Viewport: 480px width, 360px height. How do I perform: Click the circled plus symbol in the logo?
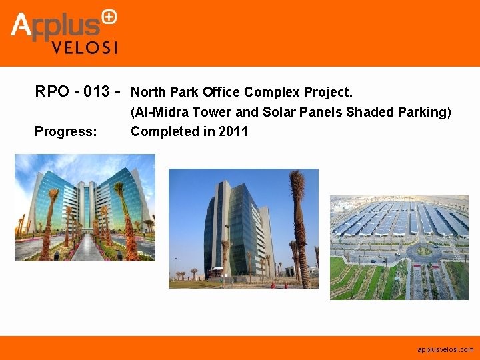pyautogui.click(x=110, y=17)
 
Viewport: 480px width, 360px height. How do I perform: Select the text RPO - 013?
pyautogui.click(x=73, y=91)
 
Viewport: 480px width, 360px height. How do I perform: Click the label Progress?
pyautogui.click(x=65, y=131)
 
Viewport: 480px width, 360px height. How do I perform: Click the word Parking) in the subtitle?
pyautogui.click(x=426, y=112)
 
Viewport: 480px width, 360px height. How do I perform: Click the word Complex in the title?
pyautogui.click(x=269, y=91)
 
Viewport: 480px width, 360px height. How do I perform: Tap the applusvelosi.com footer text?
pyautogui.click(x=445, y=349)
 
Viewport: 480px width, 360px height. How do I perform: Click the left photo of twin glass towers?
pyautogui.click(x=85, y=207)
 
